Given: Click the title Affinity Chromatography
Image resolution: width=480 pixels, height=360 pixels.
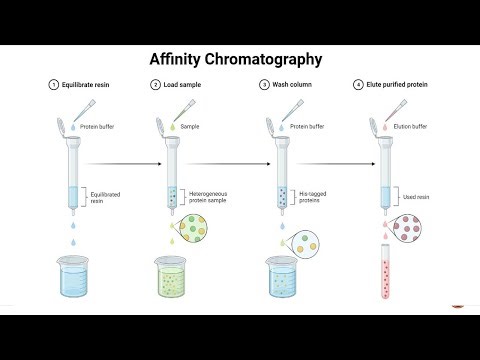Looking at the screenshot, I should (x=237, y=59).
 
